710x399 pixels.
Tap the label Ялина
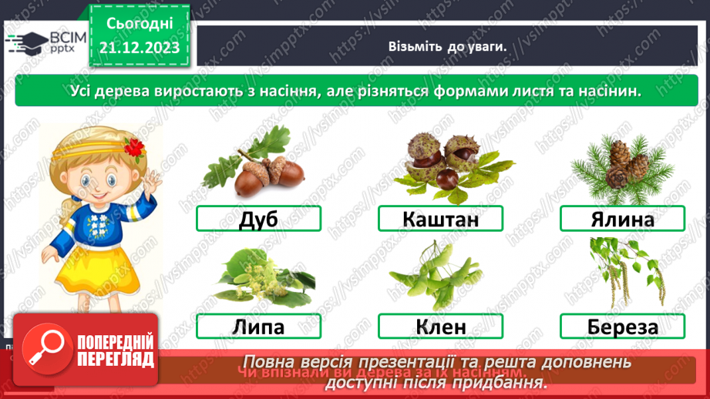[x=622, y=220]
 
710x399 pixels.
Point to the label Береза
[x=622, y=326]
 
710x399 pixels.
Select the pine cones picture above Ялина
[x=620, y=166]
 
